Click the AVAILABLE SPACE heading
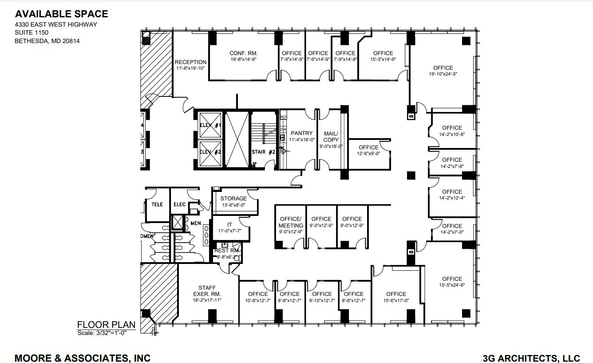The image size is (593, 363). point(61,14)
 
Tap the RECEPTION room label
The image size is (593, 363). point(190,62)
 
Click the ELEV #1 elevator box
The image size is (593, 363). point(210,126)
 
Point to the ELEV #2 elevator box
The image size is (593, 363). point(210,152)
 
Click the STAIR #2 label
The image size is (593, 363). point(264,152)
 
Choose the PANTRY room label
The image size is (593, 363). point(301,133)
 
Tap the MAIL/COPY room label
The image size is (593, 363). point(331,136)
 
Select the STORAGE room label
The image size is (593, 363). point(233,199)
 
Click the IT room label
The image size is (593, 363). point(229,225)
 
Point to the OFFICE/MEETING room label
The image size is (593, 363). point(291,222)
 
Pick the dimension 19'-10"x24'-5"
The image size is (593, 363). point(443,74)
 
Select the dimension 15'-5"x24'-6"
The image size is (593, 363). point(452,285)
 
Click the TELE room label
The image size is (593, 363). point(157,204)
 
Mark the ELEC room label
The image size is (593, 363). point(179,204)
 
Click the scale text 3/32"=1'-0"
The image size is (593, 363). point(102,333)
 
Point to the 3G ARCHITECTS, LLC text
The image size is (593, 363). point(531,358)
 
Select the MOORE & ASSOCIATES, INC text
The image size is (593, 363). point(83,358)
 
